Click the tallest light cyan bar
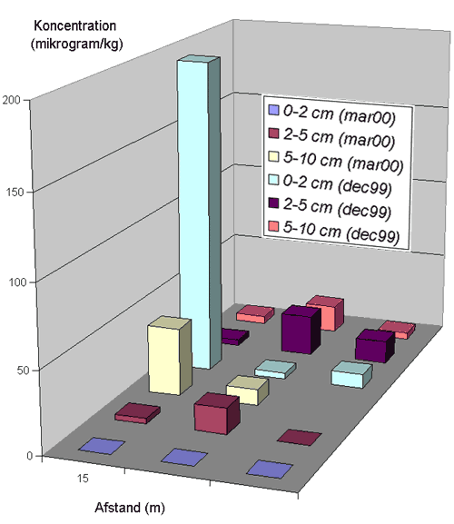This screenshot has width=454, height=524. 199,214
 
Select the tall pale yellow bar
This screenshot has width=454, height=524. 170,356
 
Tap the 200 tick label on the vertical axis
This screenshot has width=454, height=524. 12,100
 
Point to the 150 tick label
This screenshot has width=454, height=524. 15,193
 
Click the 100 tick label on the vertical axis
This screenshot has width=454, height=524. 17,282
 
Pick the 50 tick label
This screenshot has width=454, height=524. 24,371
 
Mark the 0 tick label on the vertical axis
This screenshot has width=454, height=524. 30,456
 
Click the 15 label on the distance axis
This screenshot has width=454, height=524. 83,479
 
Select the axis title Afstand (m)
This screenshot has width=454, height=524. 130,508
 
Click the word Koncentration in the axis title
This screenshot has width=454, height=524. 75,26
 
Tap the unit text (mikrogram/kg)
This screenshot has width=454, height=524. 77,44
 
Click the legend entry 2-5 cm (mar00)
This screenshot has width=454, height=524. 331,137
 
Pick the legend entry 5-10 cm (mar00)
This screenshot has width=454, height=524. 336,161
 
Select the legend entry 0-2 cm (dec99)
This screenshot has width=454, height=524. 331,184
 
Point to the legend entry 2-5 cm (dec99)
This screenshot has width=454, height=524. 331,208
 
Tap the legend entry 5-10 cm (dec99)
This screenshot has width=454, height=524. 334,232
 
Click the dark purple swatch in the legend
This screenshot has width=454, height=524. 273,203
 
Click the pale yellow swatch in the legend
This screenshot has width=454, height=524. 273,156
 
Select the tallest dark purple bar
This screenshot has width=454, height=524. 301,330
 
